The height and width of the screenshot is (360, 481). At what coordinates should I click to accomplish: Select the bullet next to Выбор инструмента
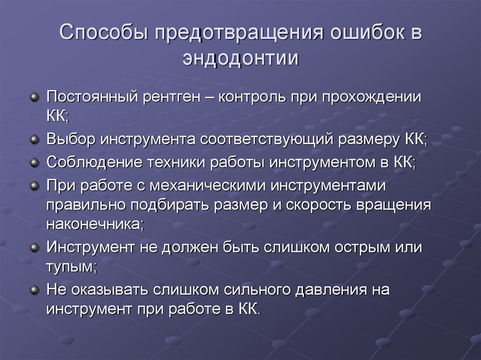pos(34,139)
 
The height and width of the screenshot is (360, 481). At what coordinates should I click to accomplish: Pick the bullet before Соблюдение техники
pos(34,162)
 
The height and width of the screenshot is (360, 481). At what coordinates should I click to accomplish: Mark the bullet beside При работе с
pos(34,185)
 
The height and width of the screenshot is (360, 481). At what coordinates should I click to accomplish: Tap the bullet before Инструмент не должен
pos(34,247)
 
